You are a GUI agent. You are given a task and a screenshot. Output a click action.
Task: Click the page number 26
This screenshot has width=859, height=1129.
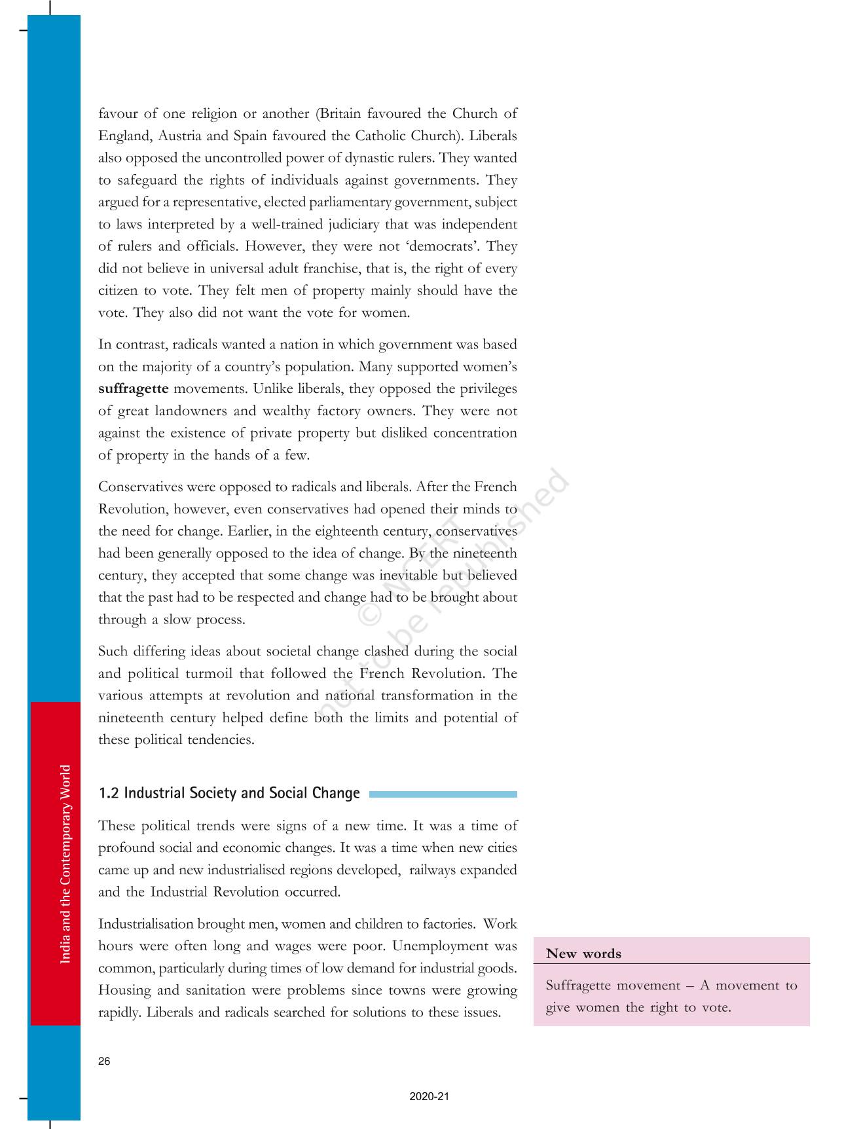(104, 1062)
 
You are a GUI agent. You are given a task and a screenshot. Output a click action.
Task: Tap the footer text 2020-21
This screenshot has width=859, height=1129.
(429, 1096)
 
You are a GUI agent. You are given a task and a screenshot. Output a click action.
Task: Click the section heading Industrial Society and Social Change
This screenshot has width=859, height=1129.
(229, 793)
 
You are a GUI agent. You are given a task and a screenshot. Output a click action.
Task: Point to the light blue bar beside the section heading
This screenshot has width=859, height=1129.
(443, 794)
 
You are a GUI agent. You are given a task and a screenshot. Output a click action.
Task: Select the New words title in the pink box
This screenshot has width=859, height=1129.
(583, 953)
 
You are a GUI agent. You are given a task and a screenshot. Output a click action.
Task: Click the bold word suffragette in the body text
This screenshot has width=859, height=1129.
(134, 388)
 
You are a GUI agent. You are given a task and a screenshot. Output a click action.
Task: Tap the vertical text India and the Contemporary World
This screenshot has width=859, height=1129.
(65, 864)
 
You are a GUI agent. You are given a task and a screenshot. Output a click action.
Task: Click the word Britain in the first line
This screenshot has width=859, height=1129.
(340, 113)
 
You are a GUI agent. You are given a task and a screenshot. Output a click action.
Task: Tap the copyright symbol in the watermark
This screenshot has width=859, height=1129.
(371, 612)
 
